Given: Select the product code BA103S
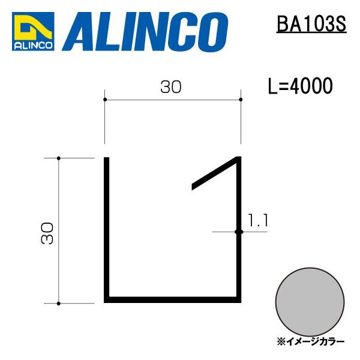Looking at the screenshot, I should coord(311,25).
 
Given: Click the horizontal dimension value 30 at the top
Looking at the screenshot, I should coord(171,88).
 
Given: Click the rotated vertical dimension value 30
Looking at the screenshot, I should coord(48,232).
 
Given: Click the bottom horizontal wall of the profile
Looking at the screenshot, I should coord(173,298).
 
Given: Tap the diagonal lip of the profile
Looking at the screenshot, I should coord(215,174).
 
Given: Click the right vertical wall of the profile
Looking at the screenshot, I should coord(239,252).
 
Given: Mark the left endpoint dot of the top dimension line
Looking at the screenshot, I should coord(105,99).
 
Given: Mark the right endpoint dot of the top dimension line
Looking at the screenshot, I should coord(241,99).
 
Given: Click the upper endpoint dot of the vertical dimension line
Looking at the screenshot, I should coord(58,158).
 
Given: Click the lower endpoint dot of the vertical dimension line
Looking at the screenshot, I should coord(58,303).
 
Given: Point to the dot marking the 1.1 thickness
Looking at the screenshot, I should coord(238,231).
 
